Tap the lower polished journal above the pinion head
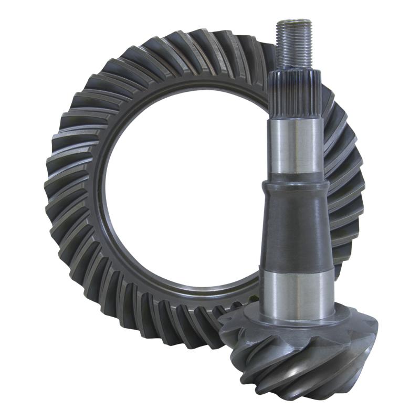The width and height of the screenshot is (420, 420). tap(298, 289)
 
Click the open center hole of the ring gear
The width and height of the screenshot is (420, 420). tap(184, 194)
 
